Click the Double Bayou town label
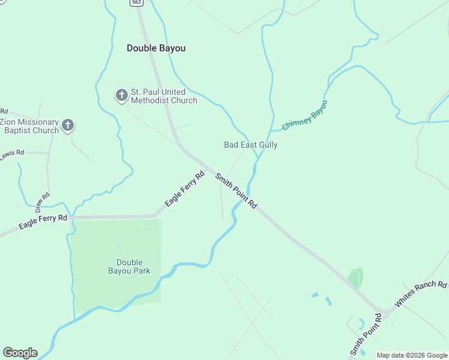click(x=156, y=48)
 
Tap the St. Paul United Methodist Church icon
click(x=121, y=95)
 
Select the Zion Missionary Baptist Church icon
click(x=68, y=125)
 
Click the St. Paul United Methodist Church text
click(x=164, y=96)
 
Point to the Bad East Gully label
click(x=250, y=145)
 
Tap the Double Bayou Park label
click(x=129, y=266)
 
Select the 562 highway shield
click(x=136, y=3)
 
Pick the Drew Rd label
click(x=42, y=203)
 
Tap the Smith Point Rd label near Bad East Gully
click(x=236, y=191)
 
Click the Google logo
click(x=20, y=353)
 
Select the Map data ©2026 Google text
click(x=412, y=355)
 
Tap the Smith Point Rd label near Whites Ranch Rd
click(x=366, y=334)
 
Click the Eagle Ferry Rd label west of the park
click(x=43, y=222)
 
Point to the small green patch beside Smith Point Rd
click(x=356, y=278)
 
